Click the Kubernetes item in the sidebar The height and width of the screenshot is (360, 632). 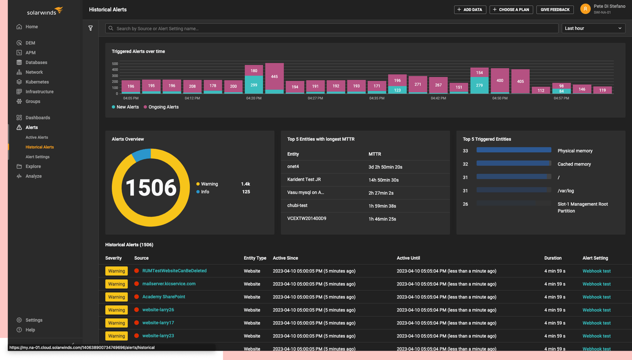pyautogui.click(x=37, y=82)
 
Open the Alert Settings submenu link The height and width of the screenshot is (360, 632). pyautogui.click(x=38, y=157)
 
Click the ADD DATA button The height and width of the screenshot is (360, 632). pyautogui.click(x=470, y=10)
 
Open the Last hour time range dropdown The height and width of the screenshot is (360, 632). pyautogui.click(x=593, y=28)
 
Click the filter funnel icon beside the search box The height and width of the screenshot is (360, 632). pyautogui.click(x=91, y=28)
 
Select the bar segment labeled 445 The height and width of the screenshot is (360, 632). pyautogui.click(x=274, y=76)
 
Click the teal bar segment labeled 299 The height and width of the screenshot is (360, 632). pyautogui.click(x=254, y=85)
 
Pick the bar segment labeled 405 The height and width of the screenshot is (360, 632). pyautogui.click(x=520, y=81)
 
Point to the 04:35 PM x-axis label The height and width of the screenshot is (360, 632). pyautogui.click(x=377, y=98)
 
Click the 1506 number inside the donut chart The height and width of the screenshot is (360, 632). pyautogui.click(x=151, y=188)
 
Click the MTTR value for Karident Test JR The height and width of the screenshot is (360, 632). pyautogui.click(x=383, y=180)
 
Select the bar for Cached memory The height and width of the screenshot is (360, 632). pyautogui.click(x=513, y=163)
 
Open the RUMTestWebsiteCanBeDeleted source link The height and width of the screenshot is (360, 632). pyautogui.click(x=174, y=271)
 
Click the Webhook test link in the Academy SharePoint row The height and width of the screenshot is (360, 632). pyautogui.click(x=596, y=297)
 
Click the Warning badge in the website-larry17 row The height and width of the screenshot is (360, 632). pyautogui.click(x=117, y=323)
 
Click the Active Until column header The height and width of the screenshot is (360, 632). pyautogui.click(x=408, y=258)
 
